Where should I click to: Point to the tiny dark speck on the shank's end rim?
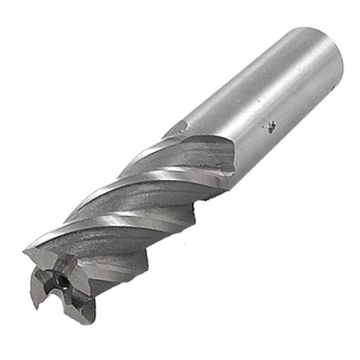tap(343, 88)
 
